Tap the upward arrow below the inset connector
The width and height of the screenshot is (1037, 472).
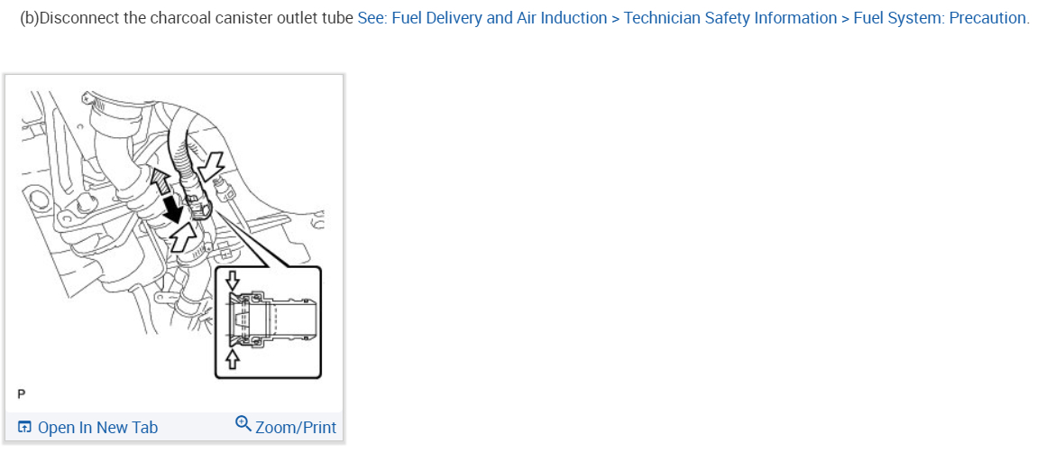pos(234,359)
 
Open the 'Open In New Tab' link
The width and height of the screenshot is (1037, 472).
pos(97,428)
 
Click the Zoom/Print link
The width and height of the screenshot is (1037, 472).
pos(296,428)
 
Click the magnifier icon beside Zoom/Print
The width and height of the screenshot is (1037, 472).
pos(243,423)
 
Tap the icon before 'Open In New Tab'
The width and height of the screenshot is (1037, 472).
pos(24,428)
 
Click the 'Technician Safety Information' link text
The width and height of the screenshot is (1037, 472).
pos(730,18)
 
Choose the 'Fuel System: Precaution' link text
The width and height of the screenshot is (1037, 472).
pos(941,18)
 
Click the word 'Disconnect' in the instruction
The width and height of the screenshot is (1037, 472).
pos(79,18)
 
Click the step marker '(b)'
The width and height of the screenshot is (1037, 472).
pos(30,18)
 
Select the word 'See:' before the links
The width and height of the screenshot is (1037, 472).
pos(372,18)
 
